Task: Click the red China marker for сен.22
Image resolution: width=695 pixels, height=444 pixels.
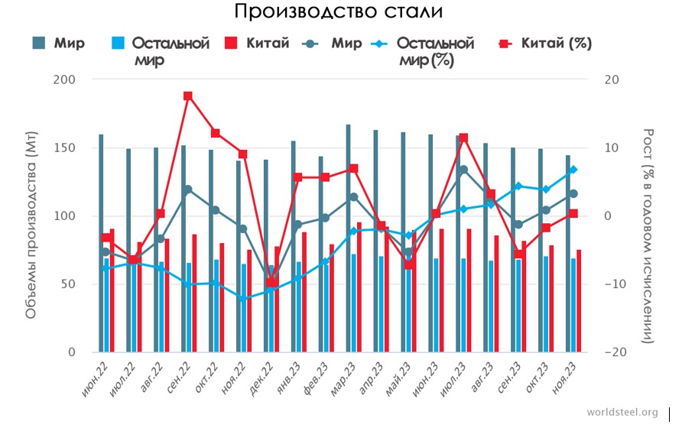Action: coord(188,96)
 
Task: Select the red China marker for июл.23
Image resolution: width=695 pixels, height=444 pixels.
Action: coord(463,138)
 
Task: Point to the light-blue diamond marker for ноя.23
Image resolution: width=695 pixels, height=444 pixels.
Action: coord(573,170)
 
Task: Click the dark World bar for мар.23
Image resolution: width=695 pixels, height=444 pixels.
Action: coord(349,238)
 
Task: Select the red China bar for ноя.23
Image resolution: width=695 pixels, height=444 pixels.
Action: coord(579,300)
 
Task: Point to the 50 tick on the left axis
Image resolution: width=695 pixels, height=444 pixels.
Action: coord(68,284)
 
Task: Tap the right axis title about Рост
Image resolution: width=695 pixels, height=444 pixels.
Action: coord(648,235)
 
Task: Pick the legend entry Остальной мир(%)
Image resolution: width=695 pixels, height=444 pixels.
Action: coord(435,51)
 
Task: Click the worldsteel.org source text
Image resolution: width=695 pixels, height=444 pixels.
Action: coord(622,413)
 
